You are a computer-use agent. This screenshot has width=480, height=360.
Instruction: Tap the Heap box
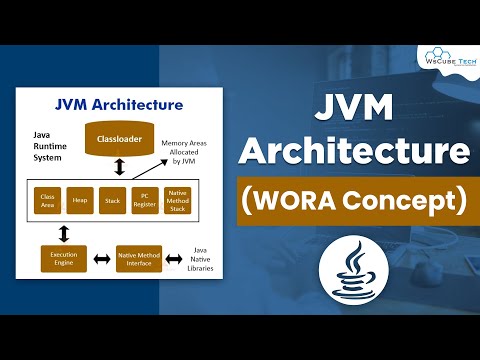point(80,200)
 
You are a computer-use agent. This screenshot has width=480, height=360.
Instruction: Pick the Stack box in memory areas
point(114,200)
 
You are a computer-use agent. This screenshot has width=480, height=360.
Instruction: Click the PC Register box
point(148,200)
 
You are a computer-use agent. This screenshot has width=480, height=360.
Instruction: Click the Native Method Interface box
point(139,259)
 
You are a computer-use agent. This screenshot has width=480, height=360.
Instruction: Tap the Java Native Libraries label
point(200,261)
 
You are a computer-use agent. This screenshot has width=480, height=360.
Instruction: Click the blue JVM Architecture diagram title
point(119,103)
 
